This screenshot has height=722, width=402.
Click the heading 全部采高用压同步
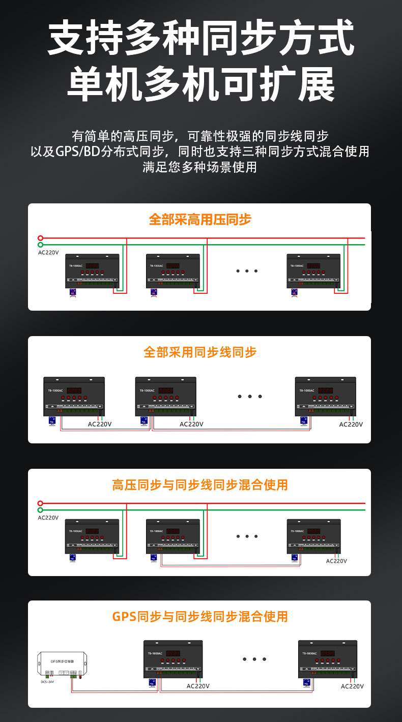click(200, 220)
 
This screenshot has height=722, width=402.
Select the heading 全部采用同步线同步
click(200, 352)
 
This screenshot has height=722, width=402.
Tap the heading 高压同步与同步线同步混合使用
click(200, 485)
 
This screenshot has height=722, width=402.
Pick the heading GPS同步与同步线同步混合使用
click(200, 617)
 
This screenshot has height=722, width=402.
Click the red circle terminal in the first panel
click(41, 238)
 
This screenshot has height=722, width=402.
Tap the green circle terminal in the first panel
click(41, 245)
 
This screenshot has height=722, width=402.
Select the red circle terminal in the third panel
click(41, 503)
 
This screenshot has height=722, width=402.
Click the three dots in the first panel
click(247, 271)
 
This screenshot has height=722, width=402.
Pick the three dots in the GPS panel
click(254, 659)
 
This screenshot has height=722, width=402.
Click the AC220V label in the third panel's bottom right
click(336, 561)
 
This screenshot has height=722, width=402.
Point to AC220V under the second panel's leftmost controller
click(100, 424)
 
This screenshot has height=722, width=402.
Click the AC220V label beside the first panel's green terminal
click(48, 253)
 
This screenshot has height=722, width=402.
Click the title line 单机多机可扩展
click(200, 83)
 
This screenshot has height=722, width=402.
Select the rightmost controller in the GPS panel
click(327, 659)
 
